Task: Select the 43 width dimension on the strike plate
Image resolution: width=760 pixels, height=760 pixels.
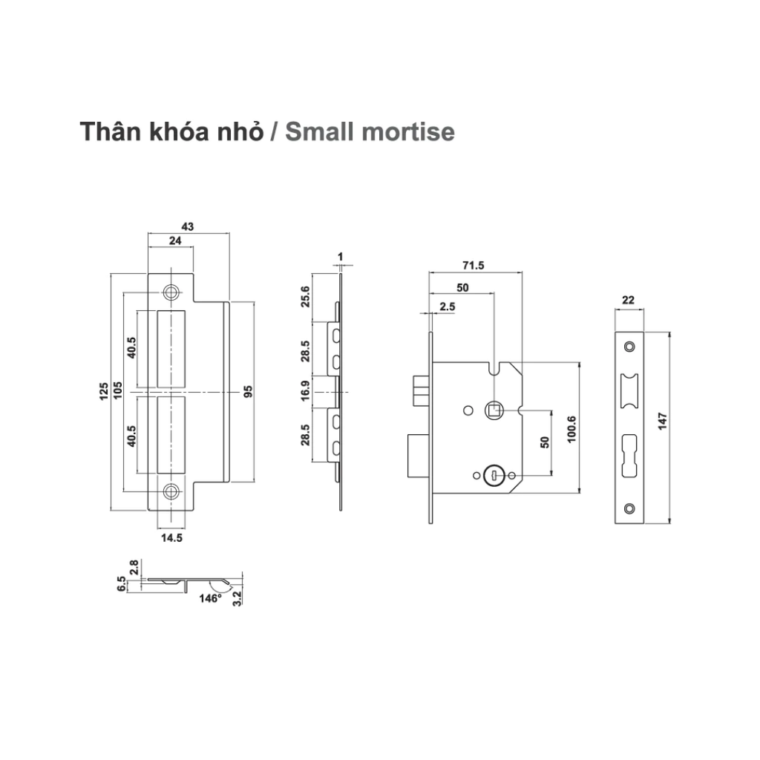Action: coord(187,227)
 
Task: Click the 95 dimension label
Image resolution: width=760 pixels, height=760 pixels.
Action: coord(249,390)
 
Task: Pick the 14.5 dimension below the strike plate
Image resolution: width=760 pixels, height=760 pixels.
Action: coord(171,538)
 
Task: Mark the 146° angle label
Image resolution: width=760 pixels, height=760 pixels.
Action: coord(211,597)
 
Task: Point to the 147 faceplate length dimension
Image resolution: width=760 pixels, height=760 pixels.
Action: coord(662,427)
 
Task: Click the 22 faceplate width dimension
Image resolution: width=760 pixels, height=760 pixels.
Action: coord(629,300)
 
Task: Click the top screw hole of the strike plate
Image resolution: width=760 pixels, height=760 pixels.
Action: coord(171,292)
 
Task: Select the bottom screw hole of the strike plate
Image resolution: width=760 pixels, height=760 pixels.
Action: coord(171,491)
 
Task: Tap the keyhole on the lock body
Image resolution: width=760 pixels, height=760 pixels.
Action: coord(491,475)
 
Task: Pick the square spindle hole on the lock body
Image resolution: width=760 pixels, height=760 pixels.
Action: coord(492,409)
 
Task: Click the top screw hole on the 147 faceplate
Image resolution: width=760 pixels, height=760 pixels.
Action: coord(629,346)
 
